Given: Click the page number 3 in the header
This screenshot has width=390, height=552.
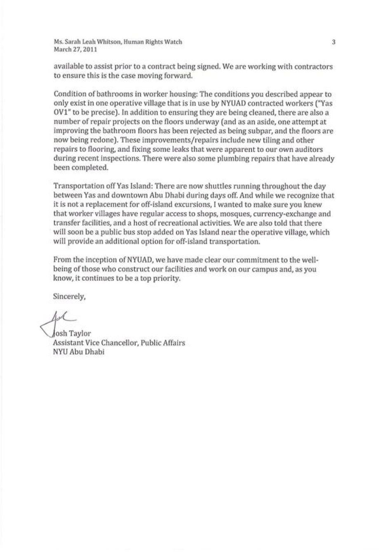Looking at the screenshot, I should coord(334,42).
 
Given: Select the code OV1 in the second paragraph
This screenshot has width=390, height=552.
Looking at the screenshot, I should coord(62,113).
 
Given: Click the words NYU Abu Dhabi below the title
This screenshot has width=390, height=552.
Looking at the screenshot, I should coord(79,352).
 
